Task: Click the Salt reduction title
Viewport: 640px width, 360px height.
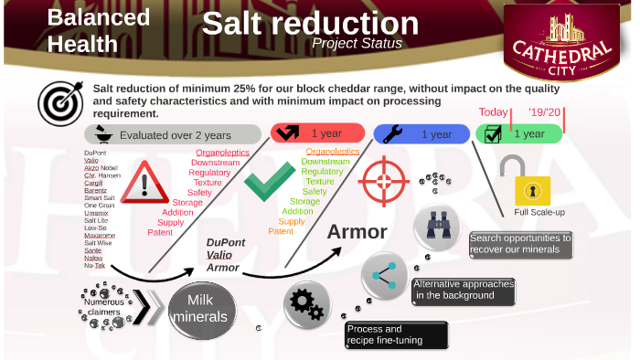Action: point(310,23)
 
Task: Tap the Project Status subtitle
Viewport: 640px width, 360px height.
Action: point(356,43)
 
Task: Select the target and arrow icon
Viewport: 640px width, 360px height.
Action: point(57,102)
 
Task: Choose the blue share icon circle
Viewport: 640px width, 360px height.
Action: point(384,274)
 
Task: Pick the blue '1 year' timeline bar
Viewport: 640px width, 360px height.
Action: point(421,133)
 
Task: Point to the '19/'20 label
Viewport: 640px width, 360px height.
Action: point(546,113)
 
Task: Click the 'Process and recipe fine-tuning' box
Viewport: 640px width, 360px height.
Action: point(396,334)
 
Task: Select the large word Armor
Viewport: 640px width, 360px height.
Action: point(357,231)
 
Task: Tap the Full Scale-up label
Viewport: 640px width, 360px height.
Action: point(539,212)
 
